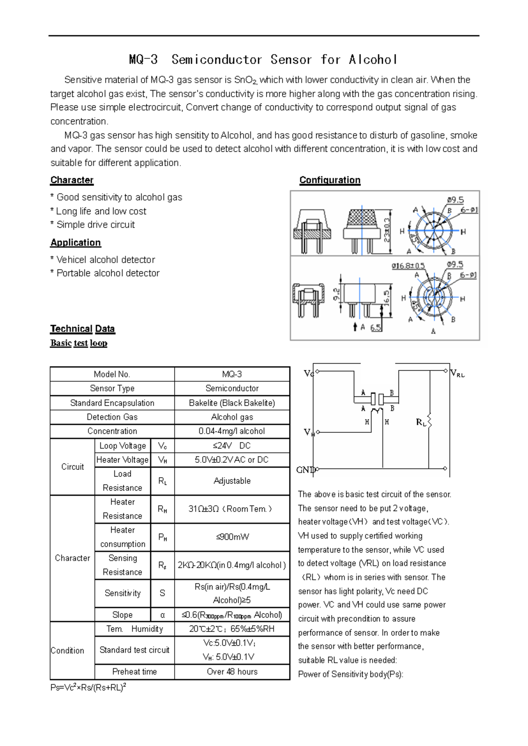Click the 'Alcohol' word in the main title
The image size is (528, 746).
tap(373, 59)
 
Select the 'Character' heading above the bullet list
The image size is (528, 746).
tap(72, 180)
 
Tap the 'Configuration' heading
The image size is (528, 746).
tap(330, 180)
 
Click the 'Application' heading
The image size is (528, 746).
tap(75, 242)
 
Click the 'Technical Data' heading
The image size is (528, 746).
tap(82, 329)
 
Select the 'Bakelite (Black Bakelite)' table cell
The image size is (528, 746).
tap(232, 403)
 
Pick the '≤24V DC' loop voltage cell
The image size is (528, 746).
tap(232, 446)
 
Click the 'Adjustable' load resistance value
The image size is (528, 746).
tap(232, 481)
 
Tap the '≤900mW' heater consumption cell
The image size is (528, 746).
tap(232, 537)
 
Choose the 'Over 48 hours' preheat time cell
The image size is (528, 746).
tap(232, 672)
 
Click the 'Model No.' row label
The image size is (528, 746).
tap(112, 374)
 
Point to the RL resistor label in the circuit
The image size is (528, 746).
tap(421, 423)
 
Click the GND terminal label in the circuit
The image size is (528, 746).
tap(305, 470)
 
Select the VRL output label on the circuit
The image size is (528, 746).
tap(458, 374)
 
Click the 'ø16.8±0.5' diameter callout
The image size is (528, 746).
tap(408, 266)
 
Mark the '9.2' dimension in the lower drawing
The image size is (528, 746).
tap(337, 294)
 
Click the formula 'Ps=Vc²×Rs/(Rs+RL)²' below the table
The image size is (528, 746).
tap(88, 687)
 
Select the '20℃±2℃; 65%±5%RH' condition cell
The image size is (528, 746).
tap(232, 629)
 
